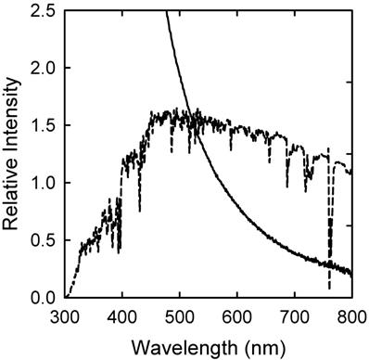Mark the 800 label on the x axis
coord(349,315)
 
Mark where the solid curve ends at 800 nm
coord(351,274)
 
